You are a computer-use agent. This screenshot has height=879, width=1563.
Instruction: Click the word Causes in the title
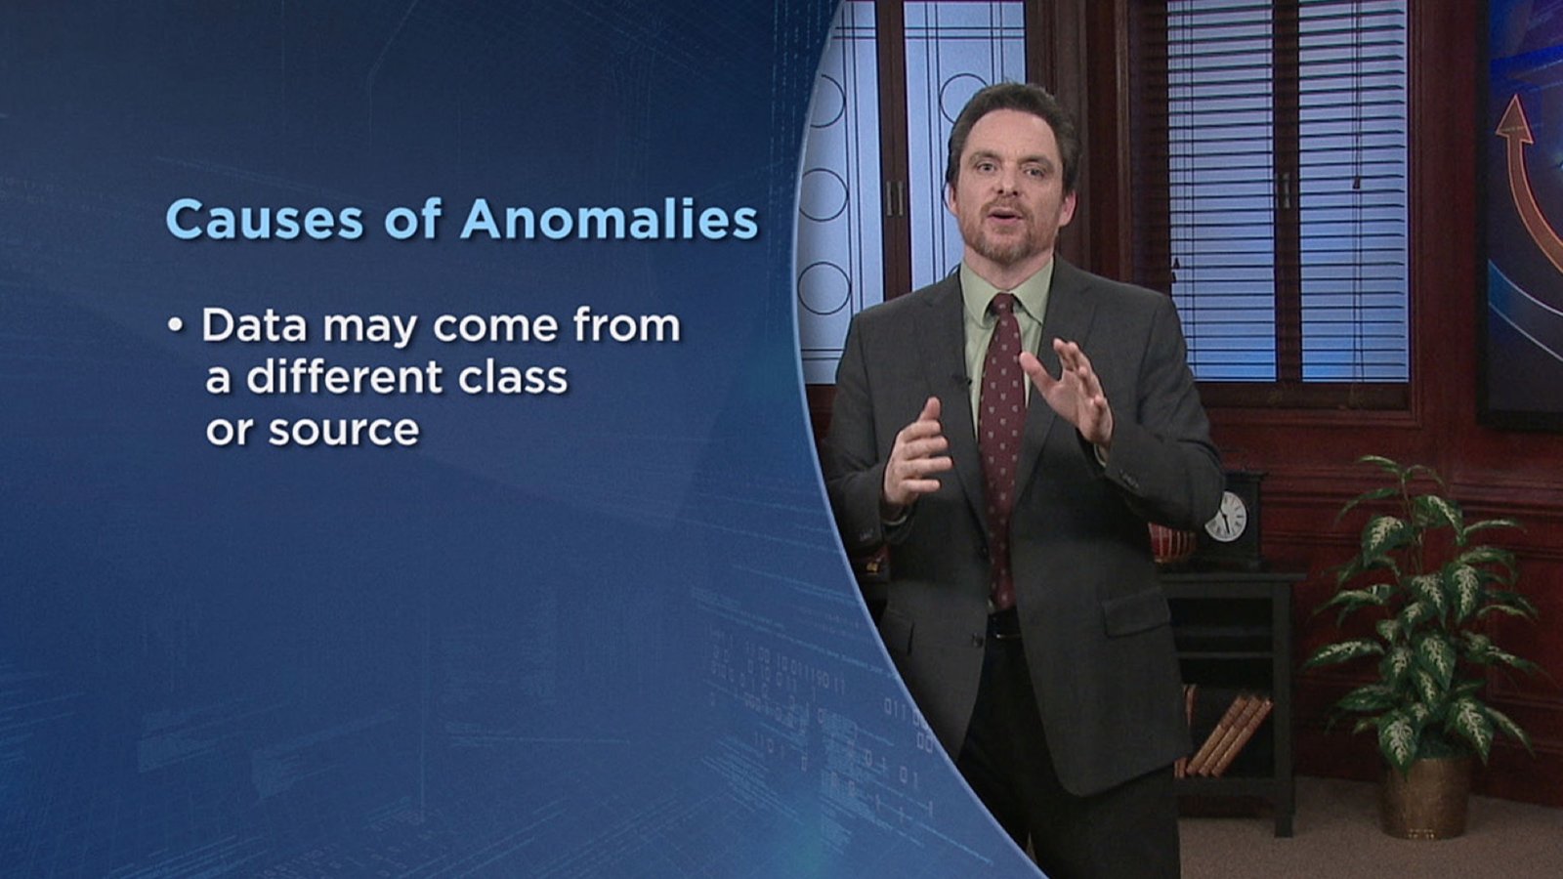click(x=265, y=220)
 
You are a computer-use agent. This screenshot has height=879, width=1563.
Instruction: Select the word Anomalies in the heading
click(x=610, y=220)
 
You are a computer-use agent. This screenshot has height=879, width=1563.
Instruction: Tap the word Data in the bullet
click(x=254, y=325)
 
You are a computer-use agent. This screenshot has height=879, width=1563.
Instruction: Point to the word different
click(x=345, y=377)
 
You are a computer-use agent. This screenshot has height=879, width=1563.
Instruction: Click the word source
click(x=344, y=430)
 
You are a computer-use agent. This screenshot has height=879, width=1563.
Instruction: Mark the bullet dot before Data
click(x=175, y=326)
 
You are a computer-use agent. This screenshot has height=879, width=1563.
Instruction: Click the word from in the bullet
click(x=626, y=325)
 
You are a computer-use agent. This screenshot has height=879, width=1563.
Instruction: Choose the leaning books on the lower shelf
click(x=1228, y=736)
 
